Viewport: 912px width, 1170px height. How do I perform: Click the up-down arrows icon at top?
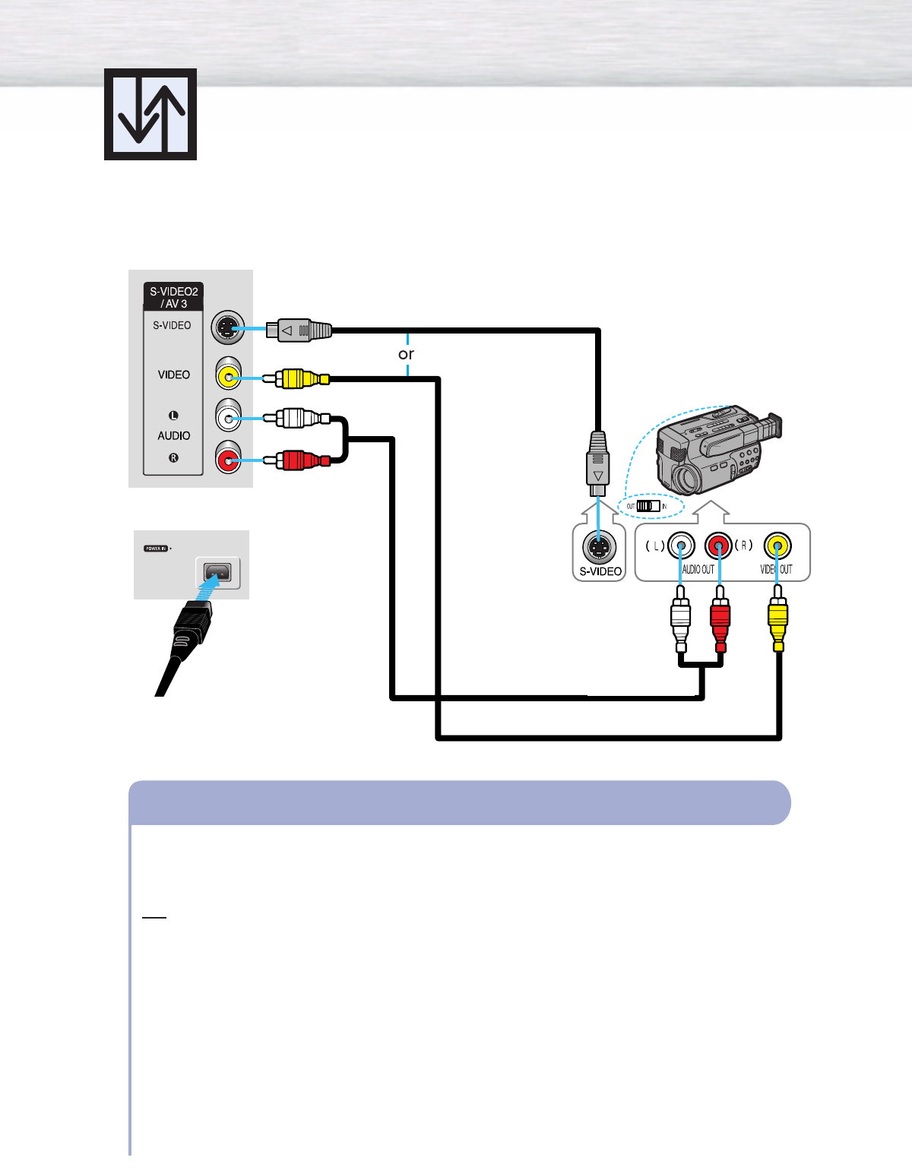click(150, 114)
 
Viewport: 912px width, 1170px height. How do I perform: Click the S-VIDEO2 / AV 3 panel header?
click(174, 297)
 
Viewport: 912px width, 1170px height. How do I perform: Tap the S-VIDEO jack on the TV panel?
click(227, 329)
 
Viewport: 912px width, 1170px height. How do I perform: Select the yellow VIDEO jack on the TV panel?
click(228, 376)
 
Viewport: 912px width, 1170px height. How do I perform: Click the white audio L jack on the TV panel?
click(228, 418)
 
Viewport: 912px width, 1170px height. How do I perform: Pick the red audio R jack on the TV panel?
click(228, 460)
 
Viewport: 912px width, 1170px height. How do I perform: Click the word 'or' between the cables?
click(406, 354)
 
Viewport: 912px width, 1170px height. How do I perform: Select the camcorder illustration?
click(714, 452)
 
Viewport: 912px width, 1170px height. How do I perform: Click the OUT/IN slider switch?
click(648, 506)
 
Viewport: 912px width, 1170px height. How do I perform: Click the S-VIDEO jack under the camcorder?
click(599, 546)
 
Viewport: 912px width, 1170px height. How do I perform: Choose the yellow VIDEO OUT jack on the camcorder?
click(777, 545)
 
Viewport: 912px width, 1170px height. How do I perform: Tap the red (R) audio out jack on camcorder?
click(718, 545)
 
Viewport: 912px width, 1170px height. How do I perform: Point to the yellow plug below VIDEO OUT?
click(777, 619)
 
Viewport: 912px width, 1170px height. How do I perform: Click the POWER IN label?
click(156, 548)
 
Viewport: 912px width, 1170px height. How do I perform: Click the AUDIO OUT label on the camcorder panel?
click(698, 569)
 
